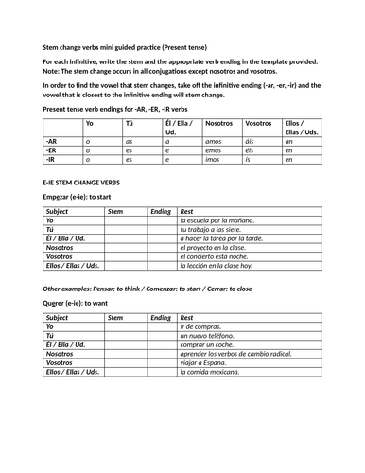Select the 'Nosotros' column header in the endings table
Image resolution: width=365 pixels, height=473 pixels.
(218, 124)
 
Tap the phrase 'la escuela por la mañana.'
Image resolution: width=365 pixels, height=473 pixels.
(217, 219)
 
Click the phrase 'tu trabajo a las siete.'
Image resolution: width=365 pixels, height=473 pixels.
(213, 229)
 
